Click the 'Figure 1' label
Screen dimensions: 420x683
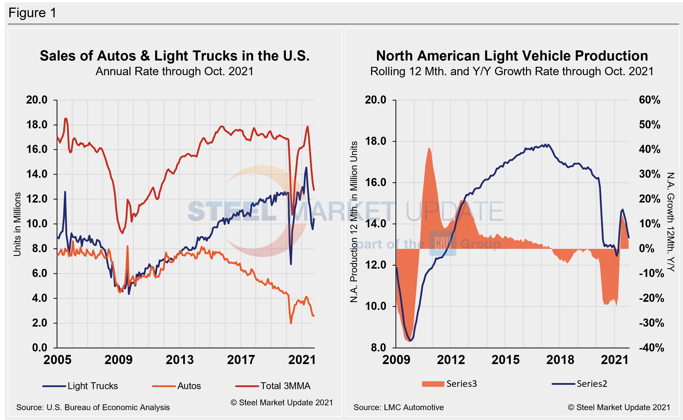pos(32,13)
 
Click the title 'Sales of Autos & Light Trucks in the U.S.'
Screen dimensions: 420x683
pos(174,56)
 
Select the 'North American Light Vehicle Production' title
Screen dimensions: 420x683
pos(512,56)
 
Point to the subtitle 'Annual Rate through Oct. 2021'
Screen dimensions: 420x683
pos(174,71)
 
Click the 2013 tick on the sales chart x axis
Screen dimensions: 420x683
pos(180,360)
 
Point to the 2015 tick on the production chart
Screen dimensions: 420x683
pos(505,360)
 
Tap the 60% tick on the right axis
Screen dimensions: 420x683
pos(649,100)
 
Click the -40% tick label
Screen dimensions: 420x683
pos(651,348)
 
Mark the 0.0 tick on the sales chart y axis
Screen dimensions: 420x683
pos(40,348)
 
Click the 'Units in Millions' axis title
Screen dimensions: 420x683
pos(17,224)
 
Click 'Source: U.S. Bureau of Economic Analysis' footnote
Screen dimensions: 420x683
pos(93,407)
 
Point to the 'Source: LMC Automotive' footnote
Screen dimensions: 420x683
pos(398,407)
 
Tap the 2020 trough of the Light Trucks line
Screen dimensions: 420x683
pos(291,264)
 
